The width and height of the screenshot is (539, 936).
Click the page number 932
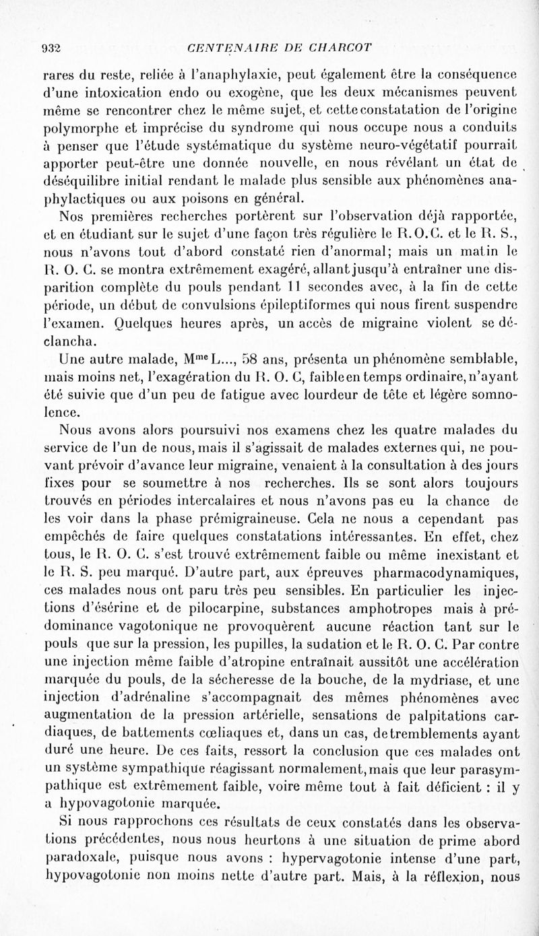coord(52,46)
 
